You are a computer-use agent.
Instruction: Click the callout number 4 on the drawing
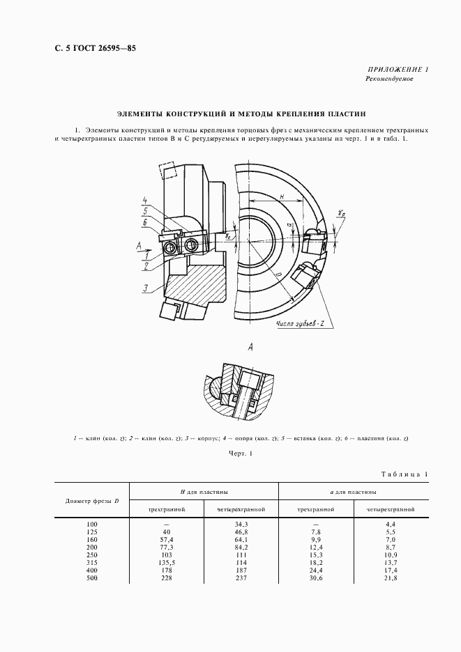coord(144,201)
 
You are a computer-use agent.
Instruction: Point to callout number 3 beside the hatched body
coord(144,288)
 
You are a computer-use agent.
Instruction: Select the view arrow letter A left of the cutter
coord(139,244)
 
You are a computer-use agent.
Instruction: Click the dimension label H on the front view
coord(281,196)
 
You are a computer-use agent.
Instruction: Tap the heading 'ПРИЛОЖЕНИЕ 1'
coord(398,69)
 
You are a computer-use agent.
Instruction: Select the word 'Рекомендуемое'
coord(389,79)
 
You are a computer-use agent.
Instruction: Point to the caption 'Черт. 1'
coord(239,454)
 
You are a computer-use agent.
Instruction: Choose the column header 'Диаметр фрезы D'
coord(92,501)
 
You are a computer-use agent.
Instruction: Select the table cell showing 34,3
coord(242,523)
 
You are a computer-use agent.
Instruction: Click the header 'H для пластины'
coord(204,492)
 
